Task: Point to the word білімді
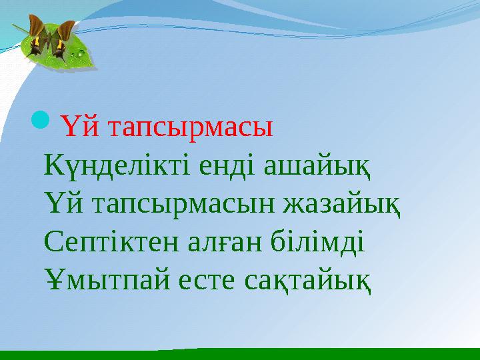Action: (x=316, y=239)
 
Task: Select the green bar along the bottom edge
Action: (x=240, y=354)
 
